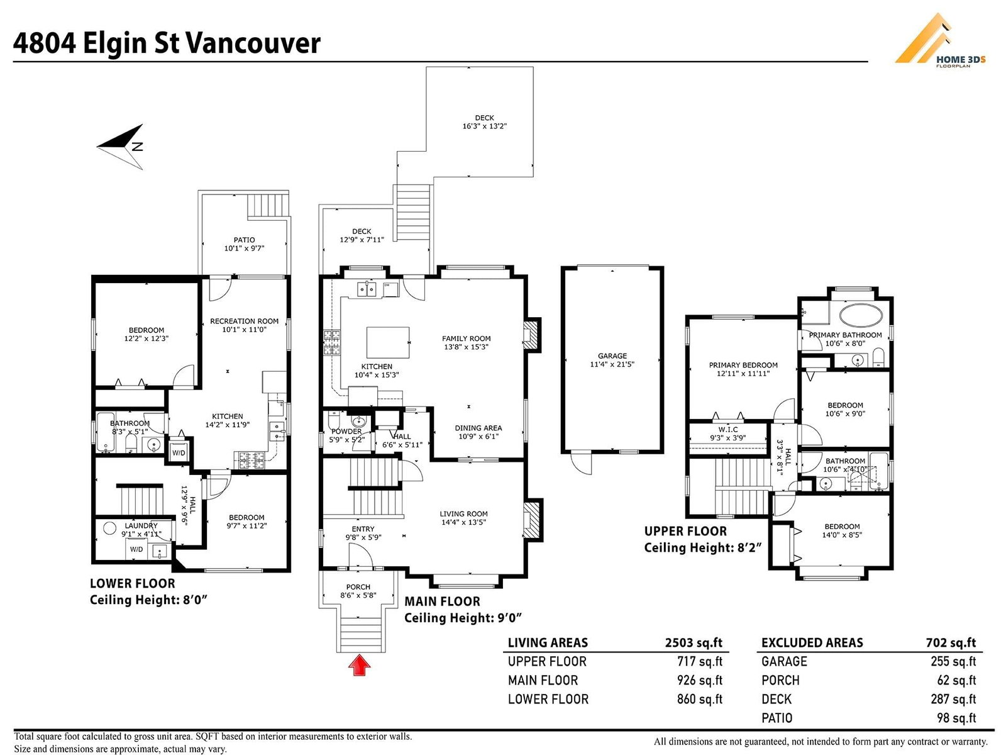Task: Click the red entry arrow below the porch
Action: [359, 665]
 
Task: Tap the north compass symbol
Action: [121, 147]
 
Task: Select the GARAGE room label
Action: [612, 355]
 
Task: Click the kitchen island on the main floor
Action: [388, 342]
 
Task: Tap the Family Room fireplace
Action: [532, 335]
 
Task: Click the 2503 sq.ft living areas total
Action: [694, 642]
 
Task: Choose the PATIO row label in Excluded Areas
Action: [777, 718]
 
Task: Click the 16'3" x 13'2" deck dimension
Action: [484, 126]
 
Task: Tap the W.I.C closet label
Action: [728, 430]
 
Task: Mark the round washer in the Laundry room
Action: [109, 528]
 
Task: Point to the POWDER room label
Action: [346, 432]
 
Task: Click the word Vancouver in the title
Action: [253, 43]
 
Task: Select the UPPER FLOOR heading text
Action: [685, 531]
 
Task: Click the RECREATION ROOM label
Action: [245, 322]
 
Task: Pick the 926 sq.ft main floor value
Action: [700, 680]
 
